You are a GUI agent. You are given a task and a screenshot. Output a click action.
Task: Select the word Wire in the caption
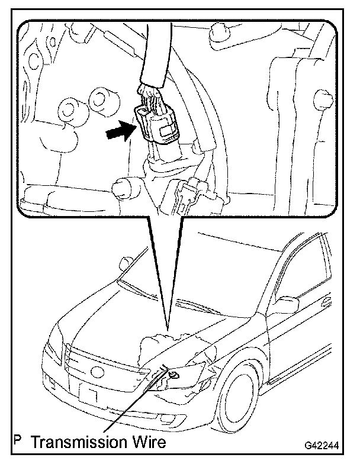[147, 442]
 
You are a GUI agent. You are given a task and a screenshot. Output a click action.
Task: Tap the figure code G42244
[324, 444]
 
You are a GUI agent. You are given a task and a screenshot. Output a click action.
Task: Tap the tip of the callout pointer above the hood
[168, 328]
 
